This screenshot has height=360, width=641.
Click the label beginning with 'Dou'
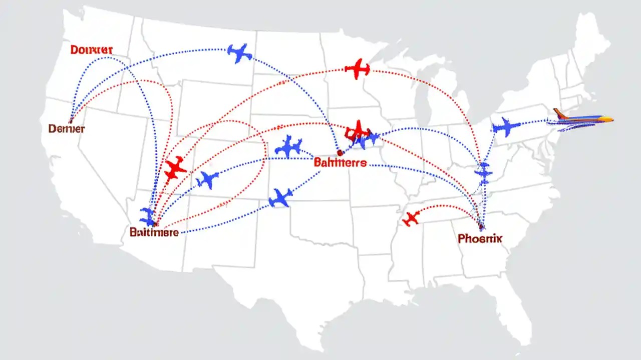92,49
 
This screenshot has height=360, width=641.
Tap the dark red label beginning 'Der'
67,128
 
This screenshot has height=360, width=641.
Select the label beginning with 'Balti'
154,232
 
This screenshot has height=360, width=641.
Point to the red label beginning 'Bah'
340,163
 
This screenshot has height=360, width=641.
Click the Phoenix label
480,239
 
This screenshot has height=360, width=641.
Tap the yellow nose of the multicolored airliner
608,119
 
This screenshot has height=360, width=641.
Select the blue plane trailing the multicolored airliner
506,127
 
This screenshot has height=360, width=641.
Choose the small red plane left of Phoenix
411,218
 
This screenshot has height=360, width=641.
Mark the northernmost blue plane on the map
239,53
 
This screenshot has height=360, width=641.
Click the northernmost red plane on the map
358,69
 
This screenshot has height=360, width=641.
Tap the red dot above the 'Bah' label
340,152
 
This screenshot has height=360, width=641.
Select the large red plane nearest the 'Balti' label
175,169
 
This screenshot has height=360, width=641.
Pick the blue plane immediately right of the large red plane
207,179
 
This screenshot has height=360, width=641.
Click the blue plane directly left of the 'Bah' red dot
289,146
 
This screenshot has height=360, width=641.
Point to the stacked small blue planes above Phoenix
484,172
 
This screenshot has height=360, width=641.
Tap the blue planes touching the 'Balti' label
148,216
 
